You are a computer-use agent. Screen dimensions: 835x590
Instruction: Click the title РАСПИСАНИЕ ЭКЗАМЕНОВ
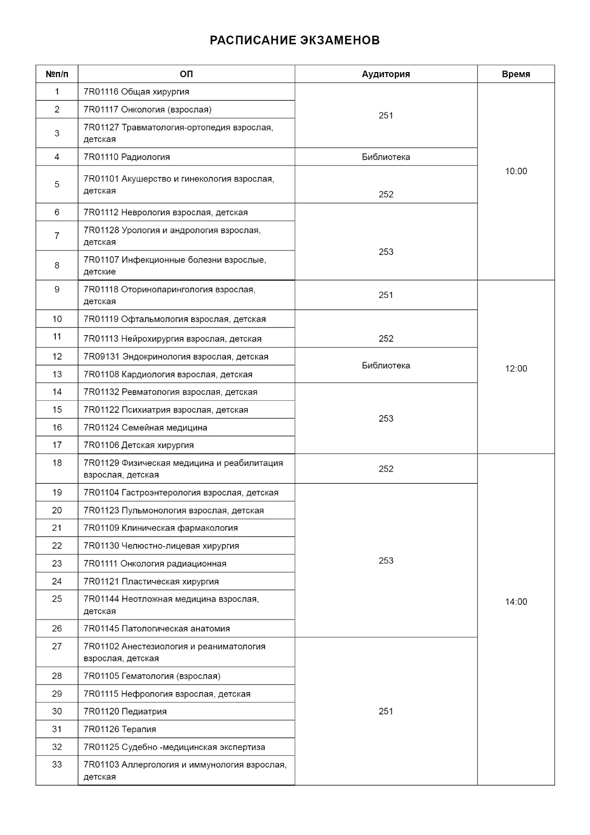pos(295,40)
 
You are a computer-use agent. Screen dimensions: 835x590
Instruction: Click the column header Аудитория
pos(386,74)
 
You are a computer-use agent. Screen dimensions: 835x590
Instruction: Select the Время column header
pos(515,74)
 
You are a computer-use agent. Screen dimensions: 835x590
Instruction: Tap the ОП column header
pos(186,74)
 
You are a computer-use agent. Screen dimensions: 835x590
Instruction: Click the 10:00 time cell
pos(515,171)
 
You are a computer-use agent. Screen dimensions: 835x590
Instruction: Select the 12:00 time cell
pos(515,368)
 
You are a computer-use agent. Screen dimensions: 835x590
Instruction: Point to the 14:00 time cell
pos(515,602)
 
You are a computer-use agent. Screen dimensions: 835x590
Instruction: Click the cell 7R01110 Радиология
pos(127,157)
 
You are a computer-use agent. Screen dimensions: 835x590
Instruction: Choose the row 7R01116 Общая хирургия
pos(136,92)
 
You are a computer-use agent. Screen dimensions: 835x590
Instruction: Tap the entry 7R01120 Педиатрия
pos(125,711)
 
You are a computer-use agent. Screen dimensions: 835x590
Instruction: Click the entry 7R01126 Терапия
pos(120,729)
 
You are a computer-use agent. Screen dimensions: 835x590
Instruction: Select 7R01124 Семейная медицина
pos(145,427)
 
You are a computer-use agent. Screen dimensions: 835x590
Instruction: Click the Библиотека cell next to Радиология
pos(386,157)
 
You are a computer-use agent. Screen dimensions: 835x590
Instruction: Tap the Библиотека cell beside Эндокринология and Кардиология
pos(386,365)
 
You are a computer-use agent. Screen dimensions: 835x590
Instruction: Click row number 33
pos(57,765)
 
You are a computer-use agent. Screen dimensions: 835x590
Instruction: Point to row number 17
pos(57,445)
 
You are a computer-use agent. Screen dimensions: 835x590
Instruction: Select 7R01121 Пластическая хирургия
pos(151,581)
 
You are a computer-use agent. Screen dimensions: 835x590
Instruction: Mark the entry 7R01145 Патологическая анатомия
pos(156,629)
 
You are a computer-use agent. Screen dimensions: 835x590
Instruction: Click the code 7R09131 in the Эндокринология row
pos(101,357)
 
